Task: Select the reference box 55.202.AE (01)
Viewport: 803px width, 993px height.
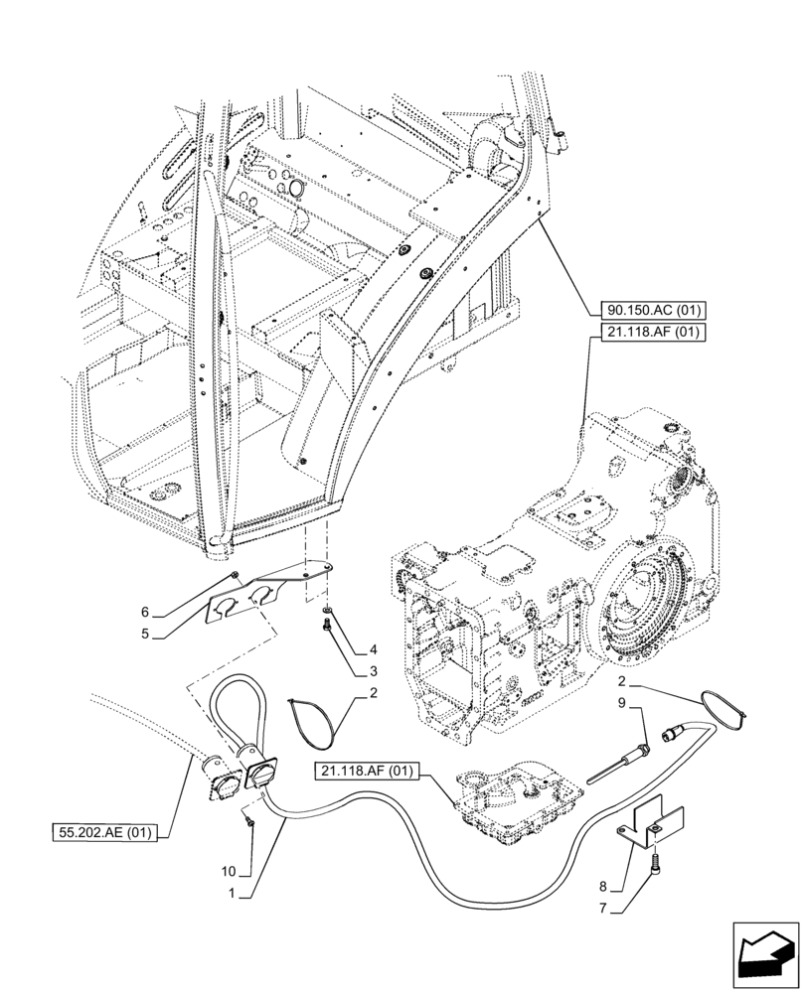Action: pyautogui.click(x=104, y=833)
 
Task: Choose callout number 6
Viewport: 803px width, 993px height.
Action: pyautogui.click(x=145, y=612)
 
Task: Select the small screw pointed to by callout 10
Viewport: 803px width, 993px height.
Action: pyautogui.click(x=249, y=822)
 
